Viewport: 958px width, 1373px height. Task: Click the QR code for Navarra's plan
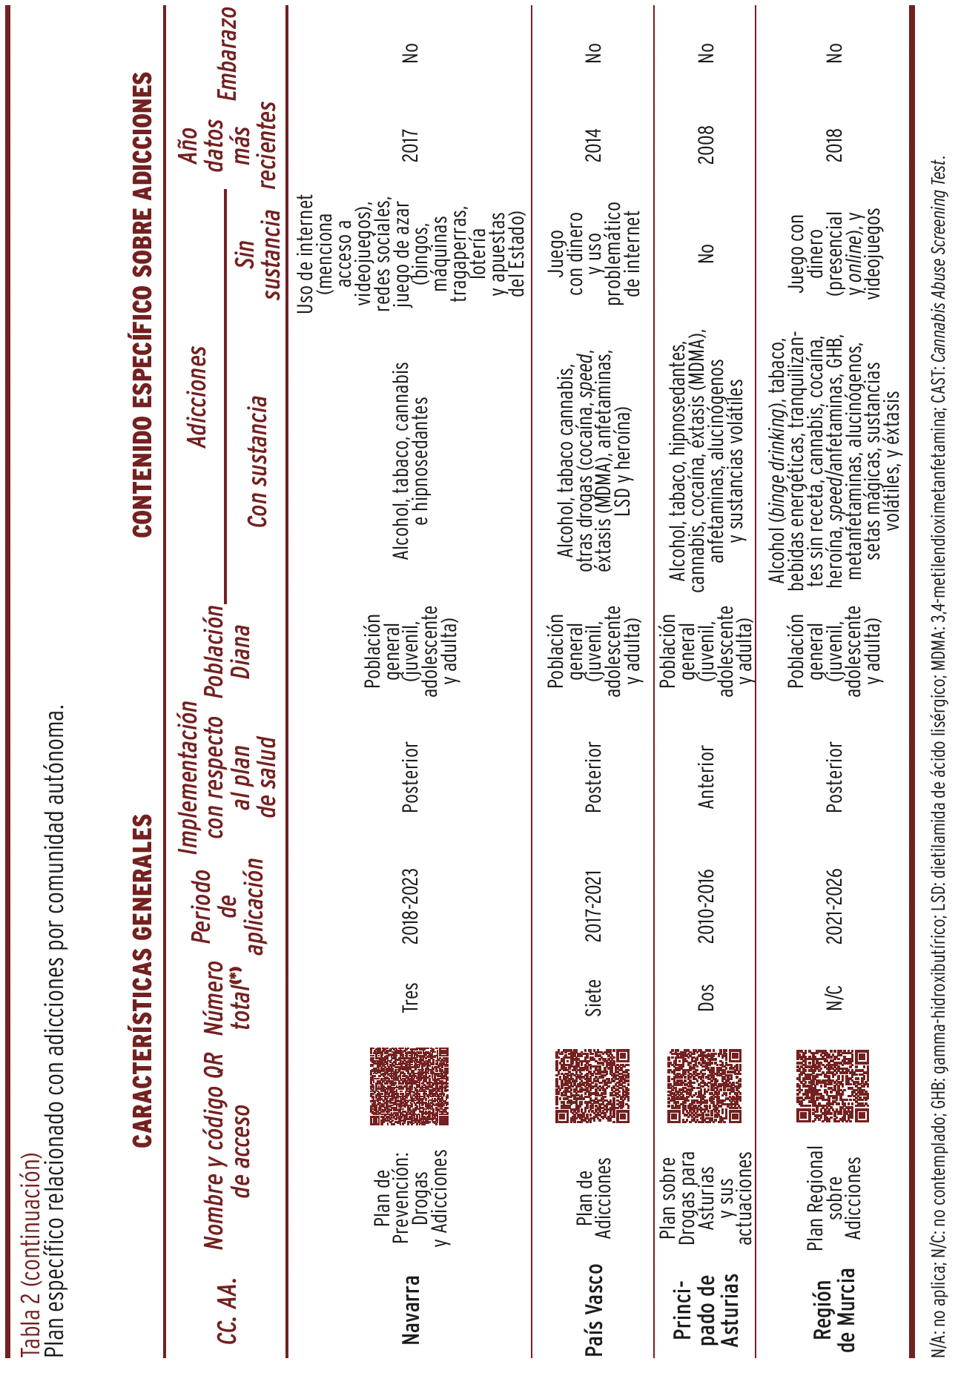pos(409,1086)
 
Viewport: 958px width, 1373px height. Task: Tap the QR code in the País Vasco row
pos(592,1086)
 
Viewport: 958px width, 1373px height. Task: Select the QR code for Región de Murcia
pos(833,1086)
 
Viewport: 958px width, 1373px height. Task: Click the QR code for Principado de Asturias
pos(704,1086)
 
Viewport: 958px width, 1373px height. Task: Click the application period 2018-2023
pos(410,906)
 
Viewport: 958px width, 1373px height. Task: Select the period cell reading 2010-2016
pos(705,906)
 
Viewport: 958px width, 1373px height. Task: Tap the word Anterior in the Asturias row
pos(705,776)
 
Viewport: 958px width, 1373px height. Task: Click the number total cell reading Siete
pos(593,998)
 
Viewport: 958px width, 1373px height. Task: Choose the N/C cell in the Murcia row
pos(834,998)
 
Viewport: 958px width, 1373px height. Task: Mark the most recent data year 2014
pos(593,145)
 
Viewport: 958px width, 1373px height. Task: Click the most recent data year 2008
pos(705,145)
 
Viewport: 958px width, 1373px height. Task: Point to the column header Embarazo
pos(225,53)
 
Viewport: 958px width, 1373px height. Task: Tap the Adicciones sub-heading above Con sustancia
pos(196,397)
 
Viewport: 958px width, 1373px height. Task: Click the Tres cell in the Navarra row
pos(410,998)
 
